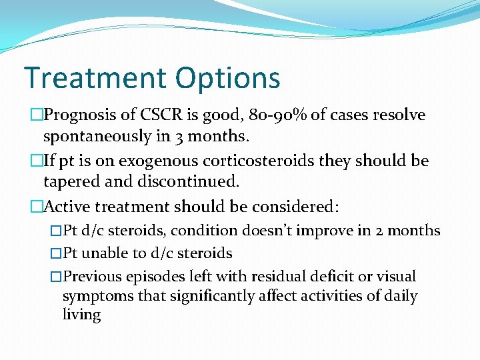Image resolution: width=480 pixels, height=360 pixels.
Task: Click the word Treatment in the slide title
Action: tap(93, 77)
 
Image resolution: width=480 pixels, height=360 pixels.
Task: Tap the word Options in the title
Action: tap(227, 79)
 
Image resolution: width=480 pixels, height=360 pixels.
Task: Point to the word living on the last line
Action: tap(81, 315)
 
